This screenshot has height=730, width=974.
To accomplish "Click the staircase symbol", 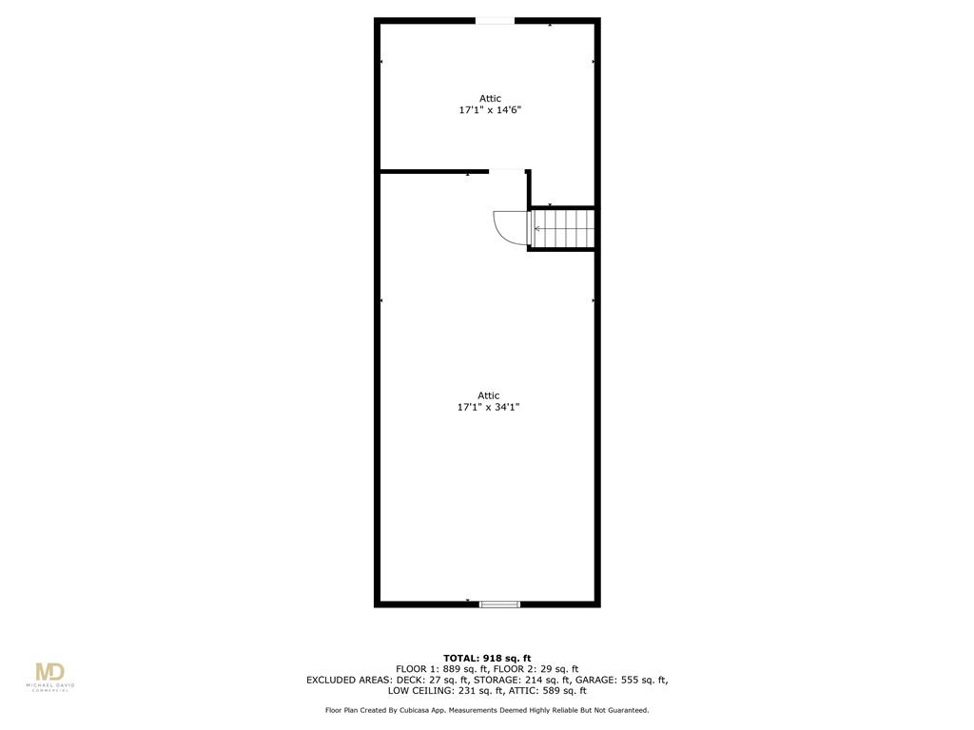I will [x=563, y=229].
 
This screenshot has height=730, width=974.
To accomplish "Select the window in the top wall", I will [x=495, y=21].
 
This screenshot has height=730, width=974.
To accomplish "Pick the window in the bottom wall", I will [x=499, y=603].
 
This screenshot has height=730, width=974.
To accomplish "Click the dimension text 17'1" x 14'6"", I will [x=490, y=110].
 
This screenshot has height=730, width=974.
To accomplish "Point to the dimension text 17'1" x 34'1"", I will [x=488, y=407].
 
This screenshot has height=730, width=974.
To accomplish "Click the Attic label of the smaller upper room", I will [x=490, y=98].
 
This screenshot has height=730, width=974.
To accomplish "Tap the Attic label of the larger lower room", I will [x=488, y=395].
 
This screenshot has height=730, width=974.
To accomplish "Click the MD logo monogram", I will [x=49, y=673].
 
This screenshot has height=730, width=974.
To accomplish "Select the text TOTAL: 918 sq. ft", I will [x=487, y=658].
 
